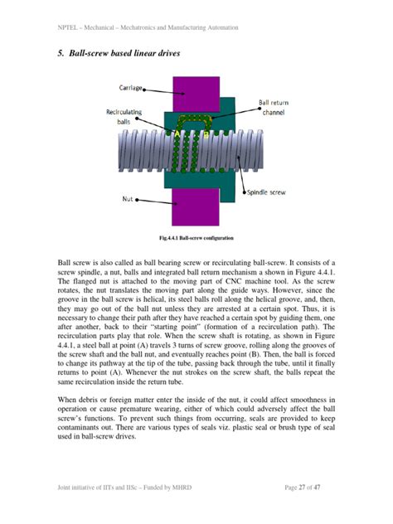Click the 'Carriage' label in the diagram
pyautogui.click(x=133, y=86)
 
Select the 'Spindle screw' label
pyautogui.click(x=265, y=193)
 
